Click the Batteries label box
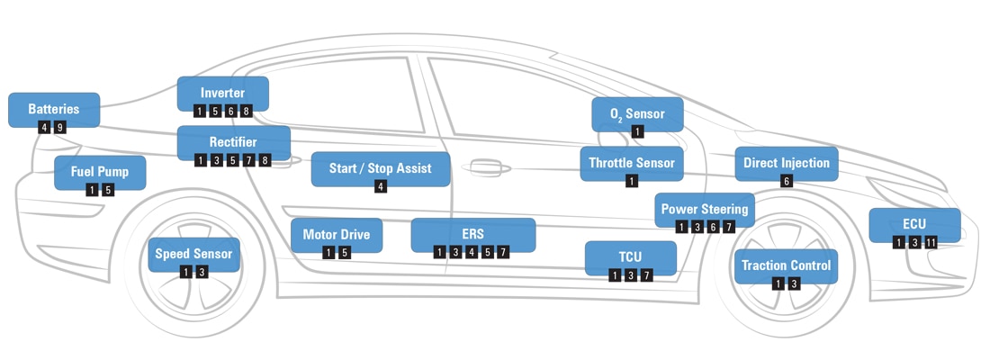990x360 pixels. [53, 110]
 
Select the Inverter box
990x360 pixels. [222, 94]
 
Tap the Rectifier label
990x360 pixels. [233, 142]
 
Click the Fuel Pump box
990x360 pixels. [99, 172]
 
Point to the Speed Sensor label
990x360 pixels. [193, 254]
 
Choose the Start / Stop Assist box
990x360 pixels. [380, 168]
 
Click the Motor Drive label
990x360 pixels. [336, 235]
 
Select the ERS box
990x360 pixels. [472, 234]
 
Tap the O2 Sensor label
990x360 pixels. [637, 114]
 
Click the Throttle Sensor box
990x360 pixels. [631, 163]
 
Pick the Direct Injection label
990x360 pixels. [787, 163]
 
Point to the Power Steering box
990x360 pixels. [705, 210]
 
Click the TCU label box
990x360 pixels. [630, 256]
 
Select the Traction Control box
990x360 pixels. [786, 265]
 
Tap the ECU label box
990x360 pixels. [914, 224]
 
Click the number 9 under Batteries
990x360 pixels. [60, 128]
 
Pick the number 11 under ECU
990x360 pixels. [931, 242]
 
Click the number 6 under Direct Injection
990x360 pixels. [787, 181]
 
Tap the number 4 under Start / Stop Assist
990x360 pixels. [381, 186]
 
